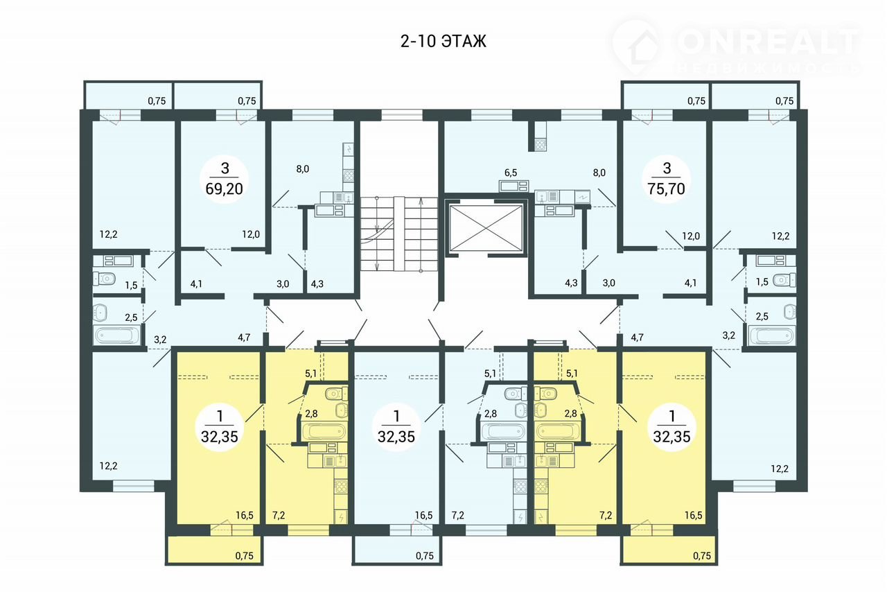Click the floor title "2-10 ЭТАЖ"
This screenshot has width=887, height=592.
point(443,41)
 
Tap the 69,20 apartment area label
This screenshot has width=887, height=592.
point(224,189)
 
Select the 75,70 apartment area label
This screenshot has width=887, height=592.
point(667,189)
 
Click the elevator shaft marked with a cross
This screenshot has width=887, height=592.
point(486,227)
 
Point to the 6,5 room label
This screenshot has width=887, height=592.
point(511,173)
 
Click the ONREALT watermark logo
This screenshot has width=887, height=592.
point(737,48)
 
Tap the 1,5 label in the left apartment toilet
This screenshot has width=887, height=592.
point(131,286)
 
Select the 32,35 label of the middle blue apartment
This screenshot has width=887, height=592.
point(396,436)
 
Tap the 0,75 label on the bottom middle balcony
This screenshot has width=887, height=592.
point(425,555)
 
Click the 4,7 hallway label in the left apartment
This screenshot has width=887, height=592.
point(244,338)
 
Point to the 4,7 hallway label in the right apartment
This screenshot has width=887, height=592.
point(637,338)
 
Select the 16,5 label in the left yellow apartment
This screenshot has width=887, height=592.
point(245,515)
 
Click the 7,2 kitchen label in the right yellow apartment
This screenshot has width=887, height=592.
point(606,515)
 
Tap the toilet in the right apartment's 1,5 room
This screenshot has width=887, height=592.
point(784,280)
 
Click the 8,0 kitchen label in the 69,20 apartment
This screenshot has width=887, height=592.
point(303,169)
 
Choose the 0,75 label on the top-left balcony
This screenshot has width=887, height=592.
point(157,101)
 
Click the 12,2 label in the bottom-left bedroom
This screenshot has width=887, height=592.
point(109,466)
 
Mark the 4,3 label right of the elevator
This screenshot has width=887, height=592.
point(571,284)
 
